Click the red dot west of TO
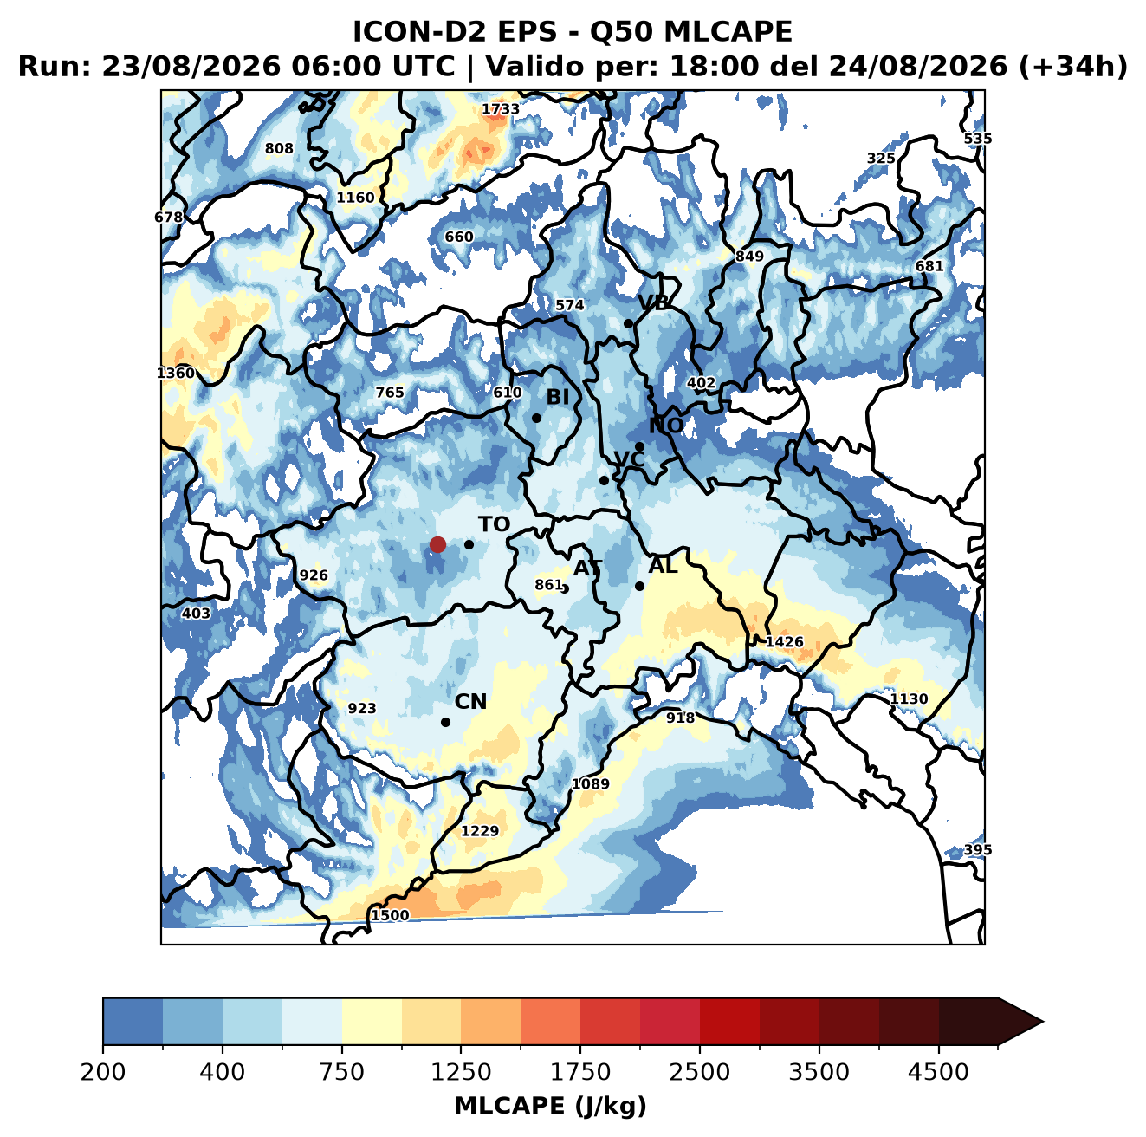pos(437,544)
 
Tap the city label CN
pos(470,701)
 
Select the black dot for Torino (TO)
pos(469,544)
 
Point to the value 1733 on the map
pos(500,109)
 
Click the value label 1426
pos(784,641)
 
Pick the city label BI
pos(557,397)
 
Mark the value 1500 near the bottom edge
pos(390,915)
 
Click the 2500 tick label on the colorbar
pos(699,1071)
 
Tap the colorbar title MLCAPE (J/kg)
pos(550,1106)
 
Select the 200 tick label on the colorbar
pos(103,1071)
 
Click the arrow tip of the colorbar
pos(1043,1022)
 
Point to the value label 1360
pos(176,373)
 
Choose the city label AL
pos(663,565)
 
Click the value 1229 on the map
pos(480,830)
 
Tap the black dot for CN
pos(445,722)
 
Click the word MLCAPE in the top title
pos(728,31)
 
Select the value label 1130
pos(908,698)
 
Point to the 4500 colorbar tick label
pos(938,1071)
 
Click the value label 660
pos(459,237)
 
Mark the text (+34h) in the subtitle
pos(1073,67)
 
